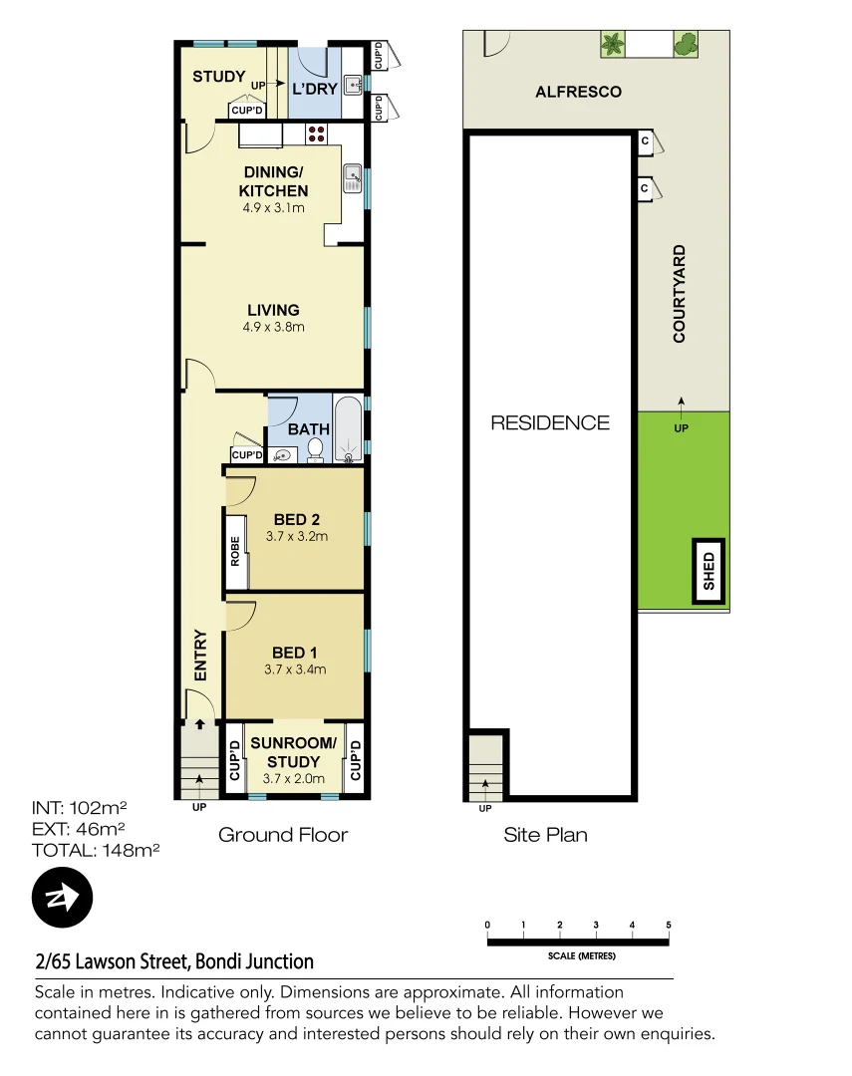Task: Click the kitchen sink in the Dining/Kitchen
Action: [352, 177]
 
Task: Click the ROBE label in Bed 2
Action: [235, 551]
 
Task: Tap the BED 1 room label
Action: [289, 653]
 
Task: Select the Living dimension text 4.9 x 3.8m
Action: [273, 327]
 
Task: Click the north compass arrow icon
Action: [62, 899]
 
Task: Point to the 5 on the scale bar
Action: [669, 926]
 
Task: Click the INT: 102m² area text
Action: [80, 807]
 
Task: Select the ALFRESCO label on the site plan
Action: [578, 92]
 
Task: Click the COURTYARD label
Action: [680, 294]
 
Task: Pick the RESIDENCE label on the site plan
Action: [549, 422]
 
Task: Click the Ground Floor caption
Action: [283, 834]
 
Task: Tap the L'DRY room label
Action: [313, 88]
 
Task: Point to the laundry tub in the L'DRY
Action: [353, 85]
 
